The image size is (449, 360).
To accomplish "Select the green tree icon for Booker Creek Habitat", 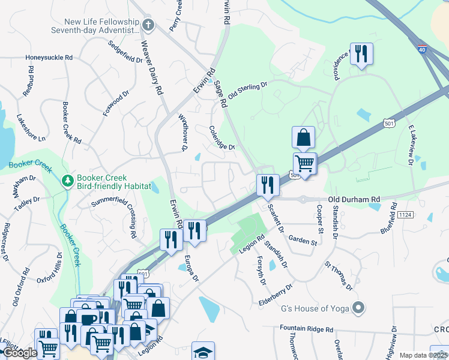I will point(67,180).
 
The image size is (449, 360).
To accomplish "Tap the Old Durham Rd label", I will point(354,199).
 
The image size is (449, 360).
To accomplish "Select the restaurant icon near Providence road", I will point(361,54).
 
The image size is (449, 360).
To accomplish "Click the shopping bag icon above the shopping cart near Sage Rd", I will point(304,137).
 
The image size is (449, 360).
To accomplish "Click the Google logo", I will point(20,353).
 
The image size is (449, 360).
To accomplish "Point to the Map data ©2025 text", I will point(424,355).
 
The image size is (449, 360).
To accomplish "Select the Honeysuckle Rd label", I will point(49,58).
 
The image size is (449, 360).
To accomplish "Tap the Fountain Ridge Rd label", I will point(306,329).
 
